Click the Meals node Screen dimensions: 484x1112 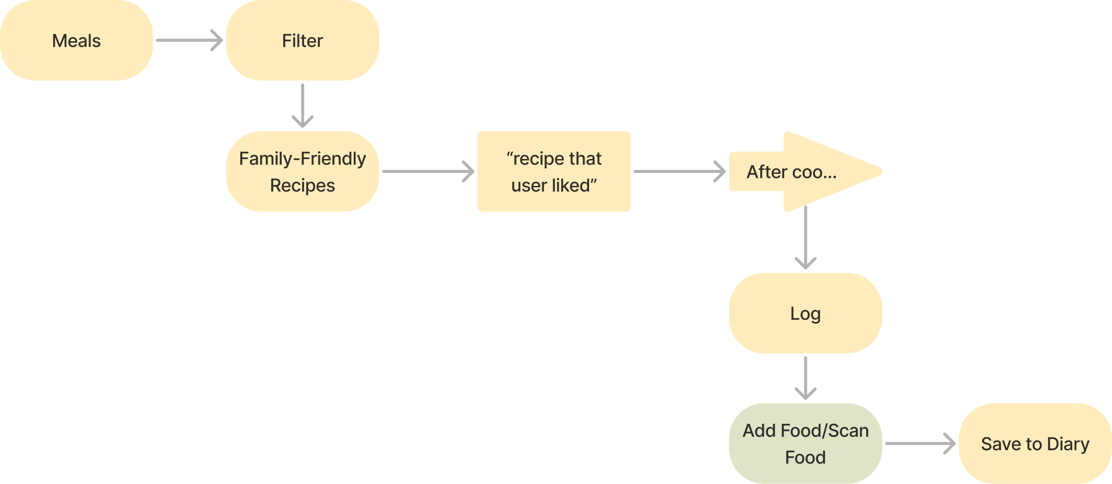(76, 40)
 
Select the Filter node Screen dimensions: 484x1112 (302, 40)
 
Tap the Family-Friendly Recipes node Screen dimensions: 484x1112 (302, 171)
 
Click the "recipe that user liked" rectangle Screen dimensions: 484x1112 (554, 171)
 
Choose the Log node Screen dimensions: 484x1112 (805, 313)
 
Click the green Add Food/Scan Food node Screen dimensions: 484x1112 (805, 443)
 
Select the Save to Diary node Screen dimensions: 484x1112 (1035, 443)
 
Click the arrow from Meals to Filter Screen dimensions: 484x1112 (189, 40)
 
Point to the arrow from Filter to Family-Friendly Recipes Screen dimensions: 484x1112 (303, 105)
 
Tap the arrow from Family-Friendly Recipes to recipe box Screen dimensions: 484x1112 (428, 171)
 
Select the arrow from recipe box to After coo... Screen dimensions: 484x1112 (679, 171)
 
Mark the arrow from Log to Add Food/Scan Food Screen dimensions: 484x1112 (806, 378)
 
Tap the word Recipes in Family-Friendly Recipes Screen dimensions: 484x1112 (302, 185)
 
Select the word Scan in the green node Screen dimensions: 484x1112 (848, 430)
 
